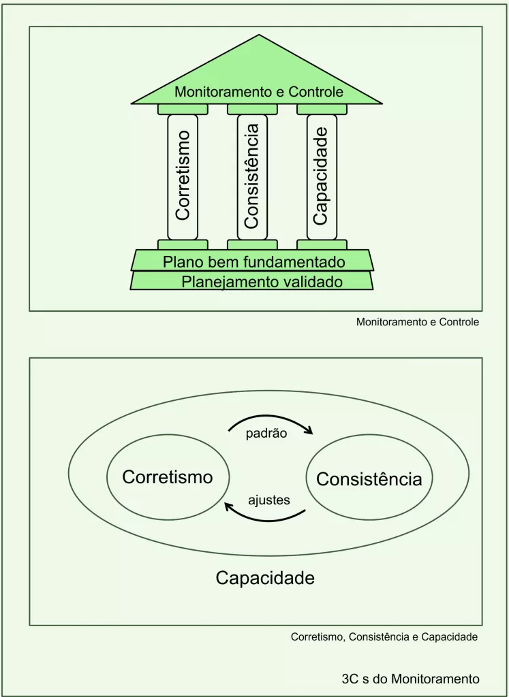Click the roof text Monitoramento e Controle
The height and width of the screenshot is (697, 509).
pos(258,91)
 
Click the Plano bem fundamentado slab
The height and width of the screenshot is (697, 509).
pos(253,261)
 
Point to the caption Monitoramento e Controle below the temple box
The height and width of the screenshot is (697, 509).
pos(418,322)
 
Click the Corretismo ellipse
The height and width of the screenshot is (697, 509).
pos(168,477)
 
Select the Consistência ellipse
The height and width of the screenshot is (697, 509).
pos(369,479)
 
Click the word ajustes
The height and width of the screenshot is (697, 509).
pos(269,500)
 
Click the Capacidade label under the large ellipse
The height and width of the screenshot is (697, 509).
pos(265,578)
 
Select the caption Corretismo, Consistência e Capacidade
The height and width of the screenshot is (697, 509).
pos(384,638)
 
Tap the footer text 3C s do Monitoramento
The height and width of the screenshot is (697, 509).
pos(410,679)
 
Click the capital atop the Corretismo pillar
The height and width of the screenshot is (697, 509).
pos(183,109)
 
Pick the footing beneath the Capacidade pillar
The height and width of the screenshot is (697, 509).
pos(322,244)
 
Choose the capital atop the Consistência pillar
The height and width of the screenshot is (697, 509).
pos(252,109)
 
